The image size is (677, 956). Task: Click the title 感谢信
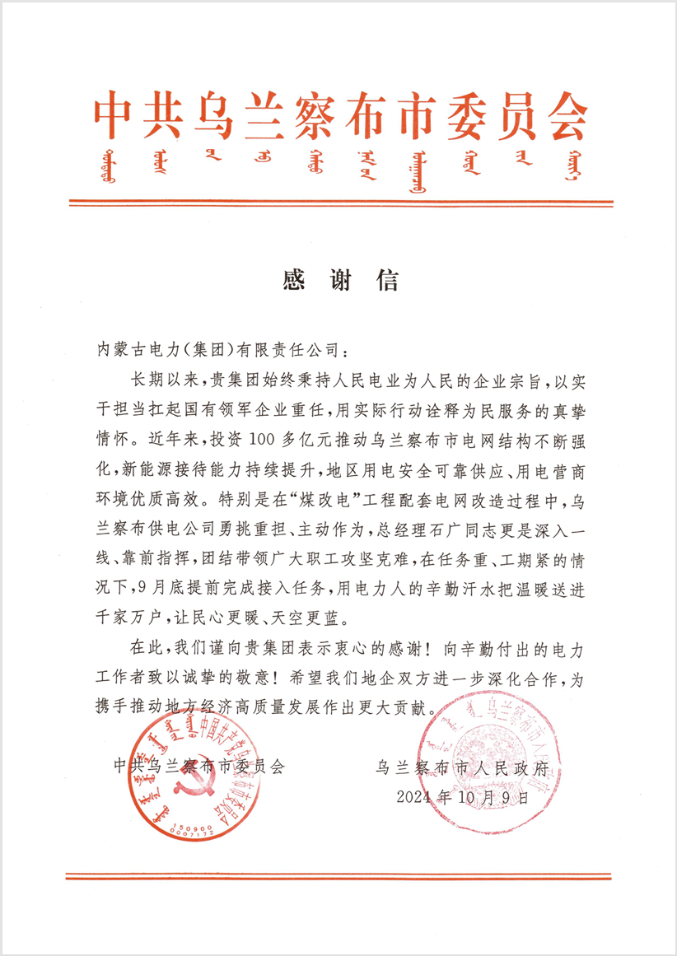tap(339, 281)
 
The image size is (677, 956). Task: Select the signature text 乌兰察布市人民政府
tap(461, 767)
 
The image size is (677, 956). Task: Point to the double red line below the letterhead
tap(338, 202)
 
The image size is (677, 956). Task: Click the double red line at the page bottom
tap(338, 876)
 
